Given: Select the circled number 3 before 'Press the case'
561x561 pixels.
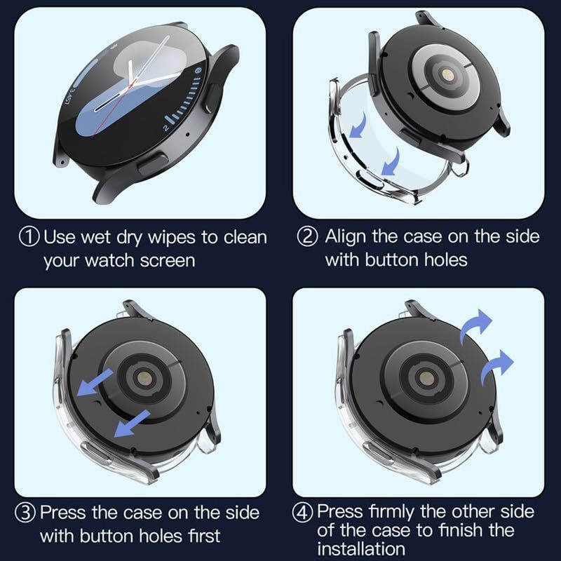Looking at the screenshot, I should coord(27,513).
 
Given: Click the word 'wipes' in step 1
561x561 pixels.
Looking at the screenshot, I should coord(172,237).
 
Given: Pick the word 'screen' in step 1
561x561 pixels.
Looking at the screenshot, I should coord(165,261).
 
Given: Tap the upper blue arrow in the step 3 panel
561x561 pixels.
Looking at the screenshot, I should coord(95,384).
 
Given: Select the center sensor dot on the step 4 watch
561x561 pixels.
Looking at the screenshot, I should coord(423,377).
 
